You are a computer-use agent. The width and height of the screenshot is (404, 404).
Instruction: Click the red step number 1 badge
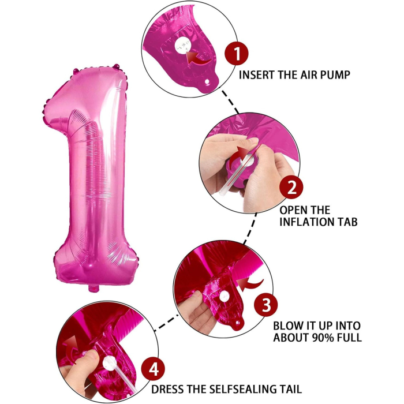(237, 55)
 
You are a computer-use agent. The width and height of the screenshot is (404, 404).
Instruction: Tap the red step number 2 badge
(292, 187)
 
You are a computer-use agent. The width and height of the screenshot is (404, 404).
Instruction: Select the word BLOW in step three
(287, 326)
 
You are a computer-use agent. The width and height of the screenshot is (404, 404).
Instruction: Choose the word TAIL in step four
(287, 390)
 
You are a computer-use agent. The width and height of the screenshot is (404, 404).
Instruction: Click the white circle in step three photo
(224, 296)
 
